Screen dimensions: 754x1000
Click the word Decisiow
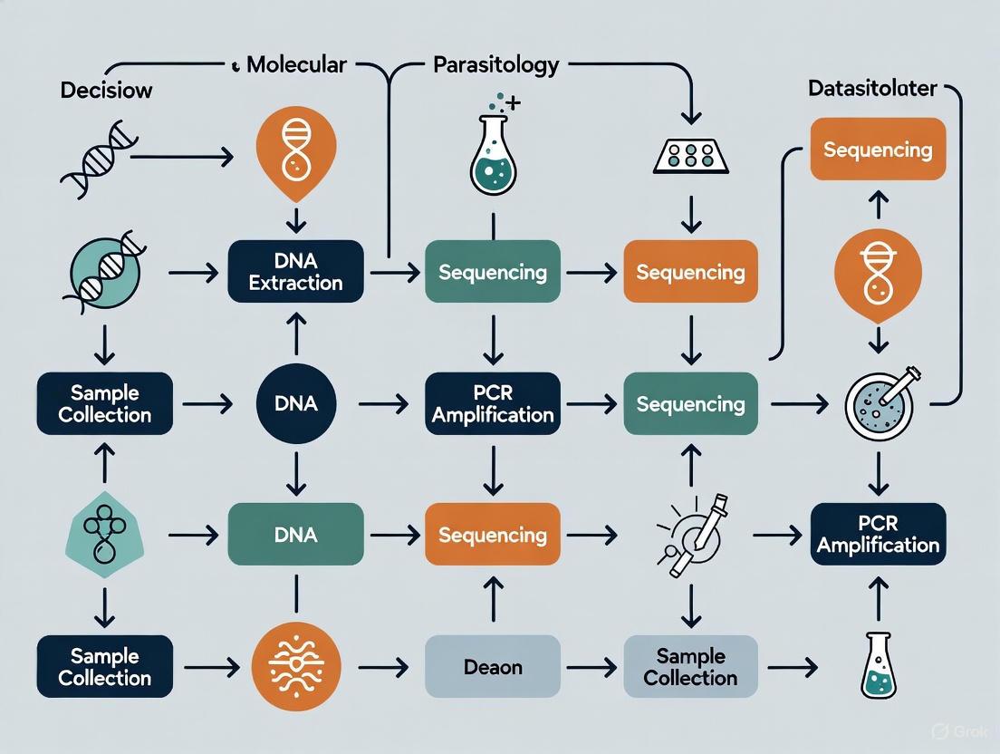pyautogui.click(x=106, y=91)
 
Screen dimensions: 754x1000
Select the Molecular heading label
pyautogui.click(x=296, y=64)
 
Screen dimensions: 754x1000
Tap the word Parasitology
pyautogui.click(x=495, y=65)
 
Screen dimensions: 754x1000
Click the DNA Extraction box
pyautogui.click(x=295, y=272)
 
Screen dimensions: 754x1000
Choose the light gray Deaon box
pyautogui.click(x=492, y=667)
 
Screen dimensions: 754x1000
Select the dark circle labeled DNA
pyautogui.click(x=296, y=403)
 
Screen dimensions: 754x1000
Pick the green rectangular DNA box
pyautogui.click(x=295, y=535)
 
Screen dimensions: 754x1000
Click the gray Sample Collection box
pyautogui.click(x=691, y=667)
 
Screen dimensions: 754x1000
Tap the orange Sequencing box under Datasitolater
pyautogui.click(x=877, y=150)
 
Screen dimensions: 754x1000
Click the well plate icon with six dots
pyautogui.click(x=691, y=156)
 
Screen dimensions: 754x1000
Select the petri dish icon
pyautogui.click(x=877, y=402)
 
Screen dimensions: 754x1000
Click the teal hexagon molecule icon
pyautogui.click(x=104, y=536)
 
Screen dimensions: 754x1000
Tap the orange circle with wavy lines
pyautogui.click(x=295, y=668)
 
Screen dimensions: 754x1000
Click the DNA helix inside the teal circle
pyautogui.click(x=104, y=271)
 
